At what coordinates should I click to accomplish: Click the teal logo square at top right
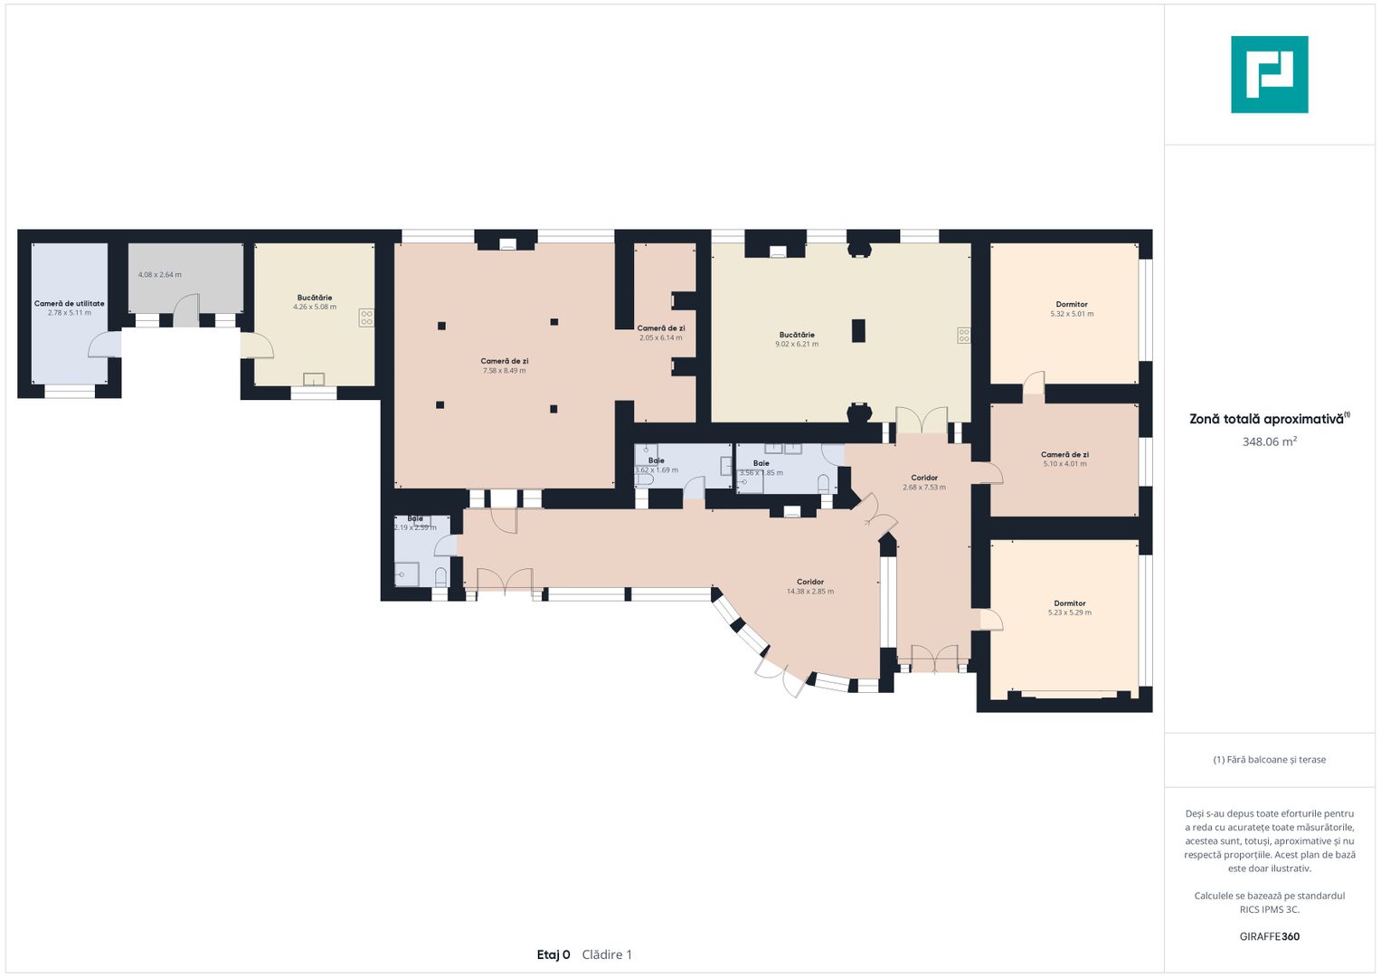coord(1270,74)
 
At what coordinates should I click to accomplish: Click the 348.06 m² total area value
coord(1270,441)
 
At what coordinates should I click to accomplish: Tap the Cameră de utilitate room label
coord(69,303)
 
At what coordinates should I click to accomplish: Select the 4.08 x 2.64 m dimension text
coord(160,274)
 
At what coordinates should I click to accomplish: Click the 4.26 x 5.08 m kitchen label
coord(315,307)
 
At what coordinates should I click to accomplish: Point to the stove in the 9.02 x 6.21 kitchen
coord(963,336)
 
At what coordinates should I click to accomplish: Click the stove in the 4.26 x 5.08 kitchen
coord(366,318)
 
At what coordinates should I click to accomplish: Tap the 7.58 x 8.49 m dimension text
coord(505,371)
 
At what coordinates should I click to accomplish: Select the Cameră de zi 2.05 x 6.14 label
coord(661,333)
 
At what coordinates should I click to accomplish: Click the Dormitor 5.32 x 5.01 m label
coord(1072,309)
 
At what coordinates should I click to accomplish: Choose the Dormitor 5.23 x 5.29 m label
coord(1070,608)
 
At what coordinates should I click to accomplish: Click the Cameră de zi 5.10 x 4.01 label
coord(1064,459)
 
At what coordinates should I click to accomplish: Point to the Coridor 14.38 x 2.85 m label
coord(810,586)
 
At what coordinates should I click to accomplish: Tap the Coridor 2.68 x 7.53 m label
coord(924,482)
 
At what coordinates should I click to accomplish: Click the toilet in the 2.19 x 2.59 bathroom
coord(440,577)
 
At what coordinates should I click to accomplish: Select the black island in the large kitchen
coord(858,330)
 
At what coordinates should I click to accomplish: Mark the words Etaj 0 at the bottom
coord(553,954)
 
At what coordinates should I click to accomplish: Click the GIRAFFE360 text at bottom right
coord(1270,936)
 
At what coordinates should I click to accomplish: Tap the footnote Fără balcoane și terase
coord(1270,759)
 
